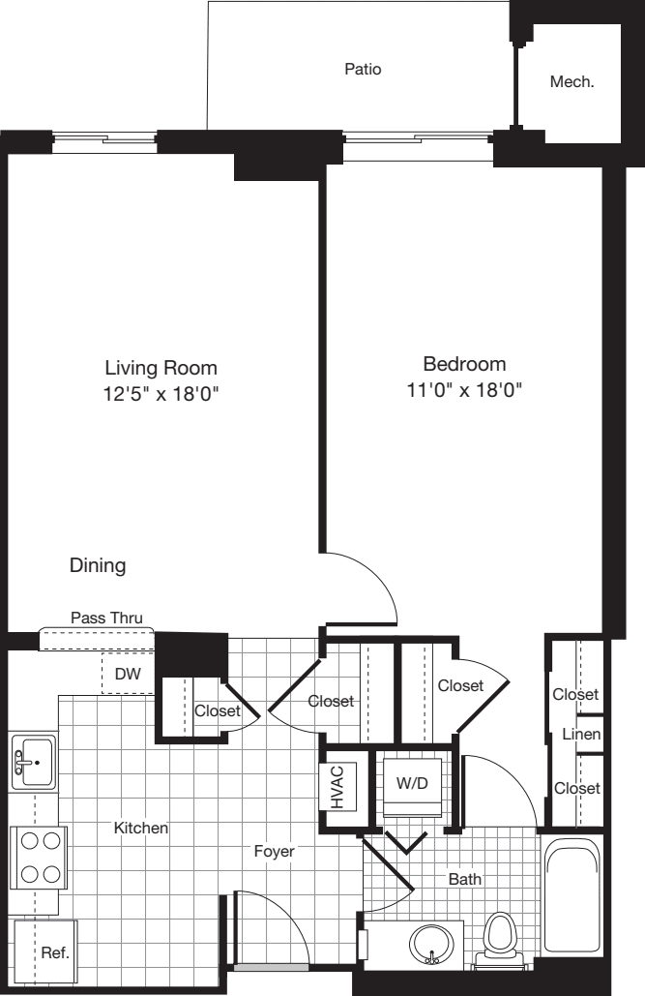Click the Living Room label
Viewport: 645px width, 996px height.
point(161,368)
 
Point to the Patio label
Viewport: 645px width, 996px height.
point(363,69)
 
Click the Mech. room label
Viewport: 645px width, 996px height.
point(572,82)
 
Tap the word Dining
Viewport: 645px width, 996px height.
point(98,565)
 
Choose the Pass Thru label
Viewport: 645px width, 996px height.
point(106,618)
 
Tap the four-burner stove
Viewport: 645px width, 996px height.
point(39,858)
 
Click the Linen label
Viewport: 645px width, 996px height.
point(581,735)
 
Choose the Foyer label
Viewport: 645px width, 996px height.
point(274,852)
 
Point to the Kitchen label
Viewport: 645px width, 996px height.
point(141,829)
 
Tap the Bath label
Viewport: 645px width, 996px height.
point(464,879)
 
